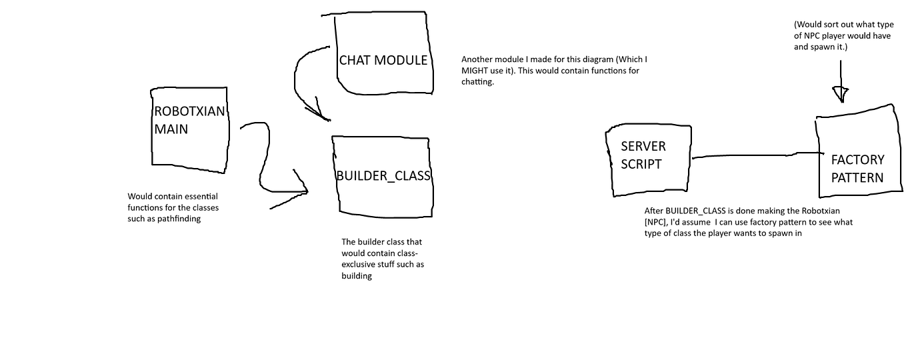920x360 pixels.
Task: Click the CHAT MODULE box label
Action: tap(383, 60)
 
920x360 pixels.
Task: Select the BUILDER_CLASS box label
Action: tap(383, 175)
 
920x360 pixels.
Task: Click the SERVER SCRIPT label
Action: tap(643, 155)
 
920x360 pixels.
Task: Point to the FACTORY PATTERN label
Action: tap(857, 169)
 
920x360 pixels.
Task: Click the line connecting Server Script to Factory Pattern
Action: tap(753, 155)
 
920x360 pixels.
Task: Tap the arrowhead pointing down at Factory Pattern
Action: tap(841, 94)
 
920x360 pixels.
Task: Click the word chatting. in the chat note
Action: tap(477, 82)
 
